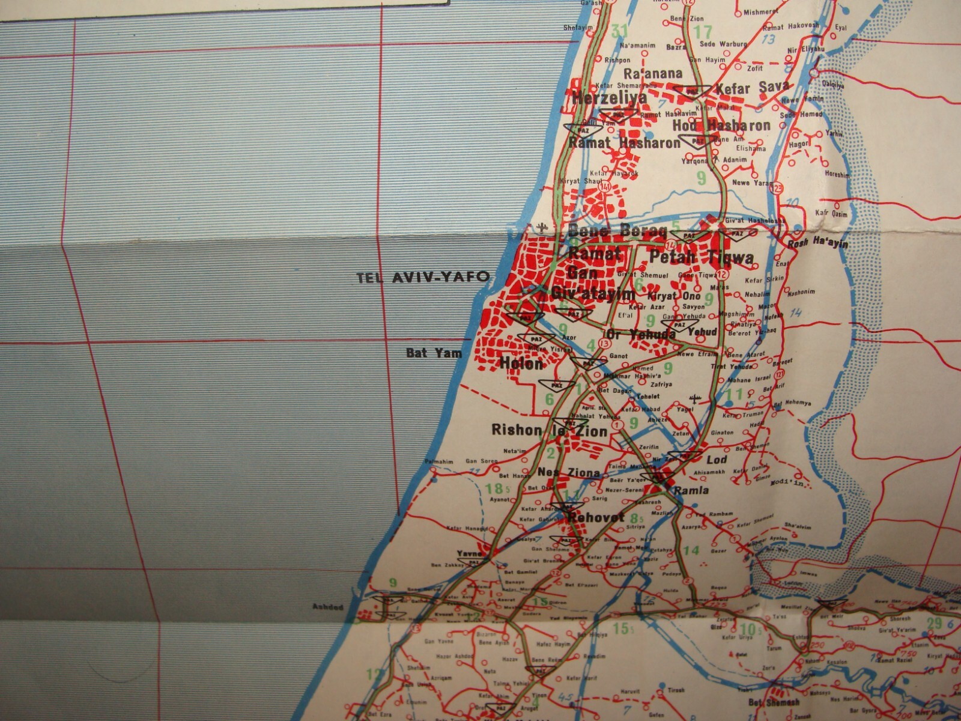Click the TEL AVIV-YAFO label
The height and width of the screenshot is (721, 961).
423,278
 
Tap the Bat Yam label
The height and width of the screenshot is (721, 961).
434,353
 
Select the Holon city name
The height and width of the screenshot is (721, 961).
521,364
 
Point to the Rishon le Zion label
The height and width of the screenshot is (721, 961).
549,430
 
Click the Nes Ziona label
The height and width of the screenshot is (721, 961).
568,472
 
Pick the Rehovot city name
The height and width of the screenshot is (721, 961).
596,517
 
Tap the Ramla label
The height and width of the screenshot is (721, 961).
691,490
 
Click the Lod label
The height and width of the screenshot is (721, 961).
717,460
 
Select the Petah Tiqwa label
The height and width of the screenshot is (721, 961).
701,258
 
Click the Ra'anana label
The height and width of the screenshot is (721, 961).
653,74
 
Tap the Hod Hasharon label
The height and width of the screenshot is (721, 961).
721,126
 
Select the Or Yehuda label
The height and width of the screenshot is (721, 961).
641,335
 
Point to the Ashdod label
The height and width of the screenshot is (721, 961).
327,607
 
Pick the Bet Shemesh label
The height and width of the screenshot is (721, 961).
774,702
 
